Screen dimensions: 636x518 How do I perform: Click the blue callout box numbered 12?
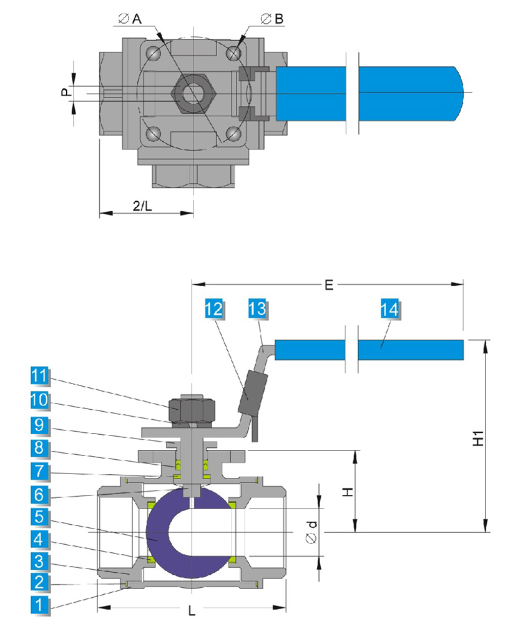tap(215, 309)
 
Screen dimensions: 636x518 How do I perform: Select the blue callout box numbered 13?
tap(257, 309)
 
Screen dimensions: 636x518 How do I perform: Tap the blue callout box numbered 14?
tap(388, 309)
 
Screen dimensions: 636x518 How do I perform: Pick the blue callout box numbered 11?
tap(39, 376)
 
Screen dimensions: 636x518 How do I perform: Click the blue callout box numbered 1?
tap(39, 605)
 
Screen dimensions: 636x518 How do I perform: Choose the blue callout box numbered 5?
tap(39, 517)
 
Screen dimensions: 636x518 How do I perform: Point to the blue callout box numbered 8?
tap(39, 448)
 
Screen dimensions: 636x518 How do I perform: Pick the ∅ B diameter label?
tap(272, 19)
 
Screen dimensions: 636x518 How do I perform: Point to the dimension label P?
tap(64, 92)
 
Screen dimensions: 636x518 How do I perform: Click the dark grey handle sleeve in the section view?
tap(252, 391)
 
